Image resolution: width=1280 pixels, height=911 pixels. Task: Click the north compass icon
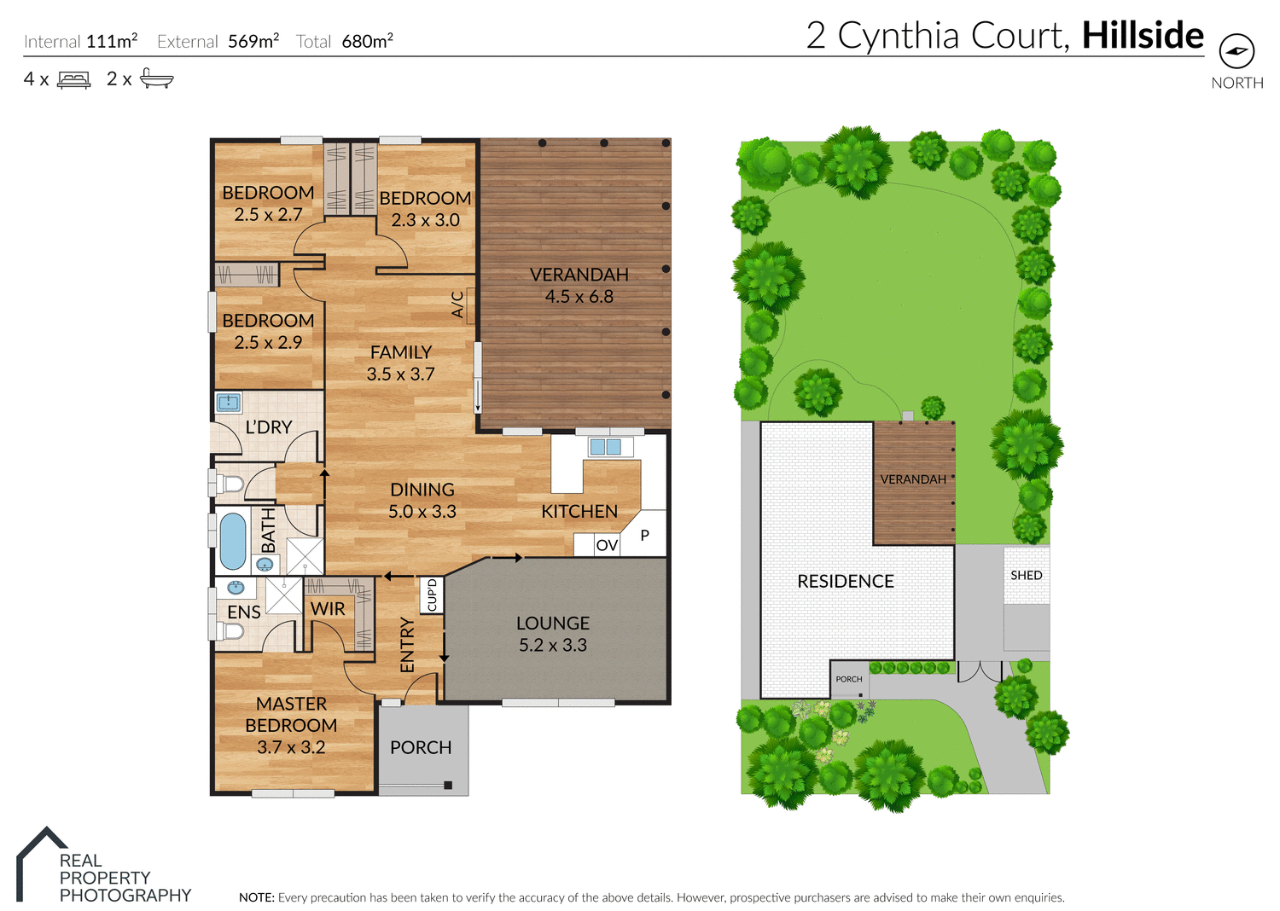(x=1236, y=52)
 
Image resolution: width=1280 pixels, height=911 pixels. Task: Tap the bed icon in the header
(x=73, y=80)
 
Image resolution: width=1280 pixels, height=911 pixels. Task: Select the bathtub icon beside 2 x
(x=156, y=78)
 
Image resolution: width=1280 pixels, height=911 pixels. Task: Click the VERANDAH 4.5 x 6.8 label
(x=579, y=286)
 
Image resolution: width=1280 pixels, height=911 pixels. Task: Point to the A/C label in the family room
(x=458, y=305)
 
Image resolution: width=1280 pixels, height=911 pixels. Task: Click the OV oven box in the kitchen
(x=607, y=545)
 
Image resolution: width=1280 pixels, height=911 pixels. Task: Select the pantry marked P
(x=645, y=536)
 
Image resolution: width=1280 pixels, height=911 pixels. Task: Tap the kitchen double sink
(x=605, y=446)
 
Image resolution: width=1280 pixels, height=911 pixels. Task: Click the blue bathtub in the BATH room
(x=232, y=541)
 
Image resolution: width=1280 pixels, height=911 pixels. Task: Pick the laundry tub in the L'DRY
(x=228, y=402)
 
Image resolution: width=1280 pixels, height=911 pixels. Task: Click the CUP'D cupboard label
(x=432, y=595)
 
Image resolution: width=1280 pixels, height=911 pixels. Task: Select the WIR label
(x=328, y=609)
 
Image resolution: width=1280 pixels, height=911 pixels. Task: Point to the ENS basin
(x=236, y=588)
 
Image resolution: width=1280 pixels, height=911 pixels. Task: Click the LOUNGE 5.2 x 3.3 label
(x=553, y=634)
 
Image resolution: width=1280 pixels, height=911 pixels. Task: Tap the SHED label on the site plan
(x=1026, y=575)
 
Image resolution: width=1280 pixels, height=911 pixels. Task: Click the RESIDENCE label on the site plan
(x=845, y=582)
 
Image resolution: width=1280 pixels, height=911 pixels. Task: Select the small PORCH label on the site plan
(x=848, y=679)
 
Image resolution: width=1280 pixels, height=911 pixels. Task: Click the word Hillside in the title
(x=1142, y=36)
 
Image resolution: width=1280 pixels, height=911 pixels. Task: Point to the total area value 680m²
(x=367, y=41)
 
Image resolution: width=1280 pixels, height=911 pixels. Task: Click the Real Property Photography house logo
(x=41, y=862)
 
